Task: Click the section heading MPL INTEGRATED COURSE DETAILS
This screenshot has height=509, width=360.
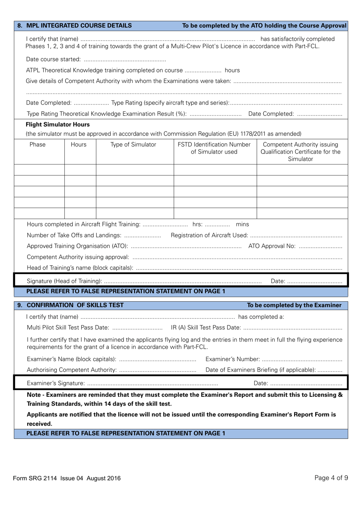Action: (79, 26)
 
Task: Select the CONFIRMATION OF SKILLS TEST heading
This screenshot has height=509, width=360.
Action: (75, 305)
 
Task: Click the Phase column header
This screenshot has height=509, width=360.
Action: (38, 145)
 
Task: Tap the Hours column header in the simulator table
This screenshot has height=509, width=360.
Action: (78, 145)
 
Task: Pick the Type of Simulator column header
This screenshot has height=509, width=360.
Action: (133, 145)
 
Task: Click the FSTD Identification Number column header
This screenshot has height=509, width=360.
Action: (214, 148)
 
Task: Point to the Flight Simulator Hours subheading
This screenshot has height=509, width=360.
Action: (58, 125)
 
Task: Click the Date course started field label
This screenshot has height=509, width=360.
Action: (53, 60)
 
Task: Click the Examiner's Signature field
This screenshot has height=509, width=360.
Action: (152, 383)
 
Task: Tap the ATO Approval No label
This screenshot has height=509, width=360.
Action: (272, 246)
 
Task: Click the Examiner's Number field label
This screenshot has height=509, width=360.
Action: (233, 359)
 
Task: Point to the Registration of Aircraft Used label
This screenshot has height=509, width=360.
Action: (209, 235)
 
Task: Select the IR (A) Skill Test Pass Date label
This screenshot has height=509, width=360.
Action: (205, 327)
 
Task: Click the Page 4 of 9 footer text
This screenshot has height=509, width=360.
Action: (331, 478)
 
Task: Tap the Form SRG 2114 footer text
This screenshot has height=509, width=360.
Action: (66, 478)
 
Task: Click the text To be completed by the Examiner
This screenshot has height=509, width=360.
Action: (294, 305)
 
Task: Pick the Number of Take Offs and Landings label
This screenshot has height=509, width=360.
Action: (74, 235)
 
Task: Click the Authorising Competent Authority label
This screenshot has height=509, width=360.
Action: (72, 370)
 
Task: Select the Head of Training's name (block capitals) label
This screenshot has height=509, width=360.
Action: (80, 268)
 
